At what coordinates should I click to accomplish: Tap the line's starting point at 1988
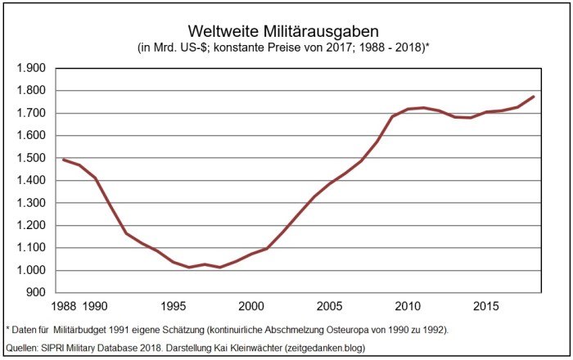(63, 160)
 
